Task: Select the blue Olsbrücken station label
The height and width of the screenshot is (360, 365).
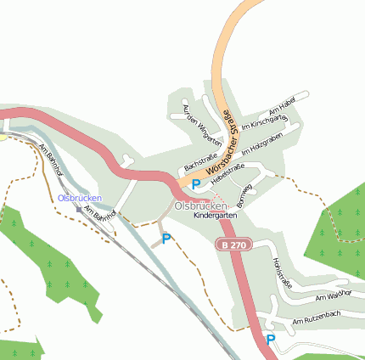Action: click(x=80, y=198)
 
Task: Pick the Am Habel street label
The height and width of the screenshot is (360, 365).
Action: click(x=280, y=107)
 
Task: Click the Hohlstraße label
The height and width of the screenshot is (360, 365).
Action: click(x=280, y=273)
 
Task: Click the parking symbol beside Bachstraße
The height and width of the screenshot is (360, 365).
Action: click(x=196, y=183)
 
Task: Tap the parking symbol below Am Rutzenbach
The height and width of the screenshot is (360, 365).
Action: click(x=270, y=339)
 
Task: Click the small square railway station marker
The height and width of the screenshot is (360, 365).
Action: click(x=78, y=209)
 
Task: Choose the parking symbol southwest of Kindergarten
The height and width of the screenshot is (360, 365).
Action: click(x=166, y=239)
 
